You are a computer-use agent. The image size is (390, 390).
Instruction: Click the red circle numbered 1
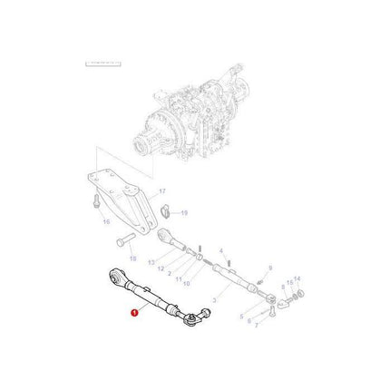135,311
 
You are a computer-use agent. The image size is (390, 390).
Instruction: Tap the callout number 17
162,191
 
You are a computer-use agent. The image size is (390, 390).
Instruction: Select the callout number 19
183,213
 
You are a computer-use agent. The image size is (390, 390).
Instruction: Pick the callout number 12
161,268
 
